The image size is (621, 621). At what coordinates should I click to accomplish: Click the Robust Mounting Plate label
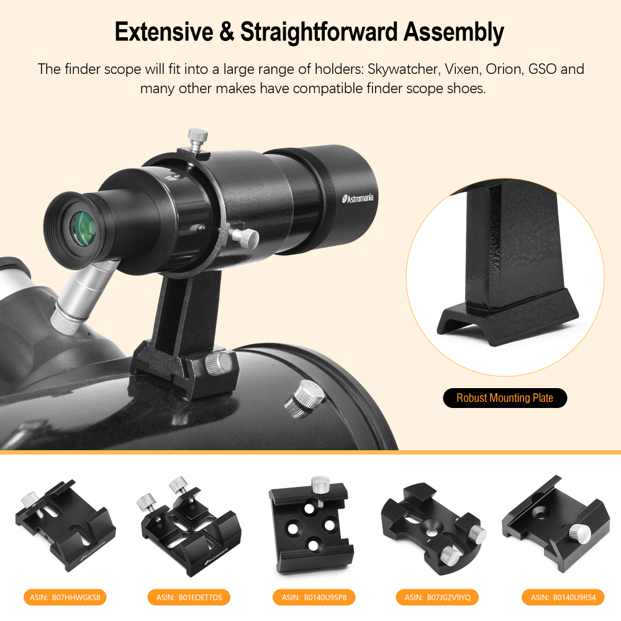504,398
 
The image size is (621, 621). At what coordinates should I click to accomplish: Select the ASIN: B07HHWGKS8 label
65,597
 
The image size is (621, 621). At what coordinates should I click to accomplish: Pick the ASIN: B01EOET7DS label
189,597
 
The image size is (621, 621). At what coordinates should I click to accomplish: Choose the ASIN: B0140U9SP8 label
314,597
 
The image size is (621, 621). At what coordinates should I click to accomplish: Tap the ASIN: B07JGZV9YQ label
437,597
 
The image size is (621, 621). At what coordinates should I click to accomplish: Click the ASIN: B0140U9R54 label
563,597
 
